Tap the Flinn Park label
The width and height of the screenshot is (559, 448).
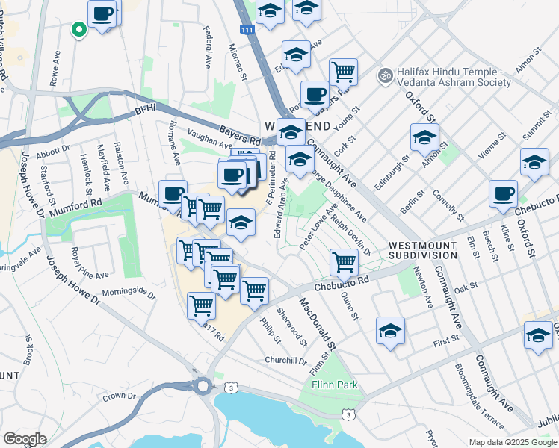(x=335, y=385)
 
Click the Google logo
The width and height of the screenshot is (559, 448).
(x=25, y=438)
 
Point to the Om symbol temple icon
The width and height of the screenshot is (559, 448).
(x=385, y=75)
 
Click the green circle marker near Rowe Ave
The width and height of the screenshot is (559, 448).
(x=78, y=30)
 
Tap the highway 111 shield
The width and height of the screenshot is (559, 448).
(x=247, y=29)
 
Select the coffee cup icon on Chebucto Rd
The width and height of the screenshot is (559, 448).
(x=503, y=194)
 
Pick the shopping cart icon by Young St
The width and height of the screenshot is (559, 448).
(x=343, y=72)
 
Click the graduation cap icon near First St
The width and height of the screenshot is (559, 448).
(x=390, y=331)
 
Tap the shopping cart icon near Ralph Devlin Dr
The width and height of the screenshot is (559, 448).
(x=343, y=261)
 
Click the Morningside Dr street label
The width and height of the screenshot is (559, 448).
(x=129, y=293)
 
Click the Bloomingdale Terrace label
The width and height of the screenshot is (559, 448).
(x=478, y=395)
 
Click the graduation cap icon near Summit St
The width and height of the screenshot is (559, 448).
(x=534, y=162)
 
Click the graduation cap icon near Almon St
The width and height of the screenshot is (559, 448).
(x=424, y=138)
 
